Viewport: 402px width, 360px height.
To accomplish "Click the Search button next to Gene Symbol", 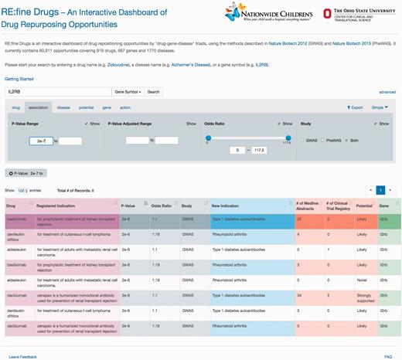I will pyautogui.click(x=153, y=91).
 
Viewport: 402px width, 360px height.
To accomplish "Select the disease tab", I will pyautogui.click(x=63, y=107).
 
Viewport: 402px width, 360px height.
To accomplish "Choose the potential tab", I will pyautogui.click(x=86, y=107).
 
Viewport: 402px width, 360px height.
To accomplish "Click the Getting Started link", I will pyautogui.click(x=19, y=79).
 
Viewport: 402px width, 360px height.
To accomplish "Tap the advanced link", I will pyautogui.click(x=387, y=92).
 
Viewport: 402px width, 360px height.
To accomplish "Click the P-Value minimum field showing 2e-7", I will pyautogui.click(x=39, y=141).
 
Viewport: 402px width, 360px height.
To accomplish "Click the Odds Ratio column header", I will pyautogui.click(x=161, y=205).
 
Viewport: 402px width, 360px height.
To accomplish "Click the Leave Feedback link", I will pyautogui.click(x=22, y=356).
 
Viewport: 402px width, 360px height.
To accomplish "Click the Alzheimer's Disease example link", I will pyautogui.click(x=209, y=62).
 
